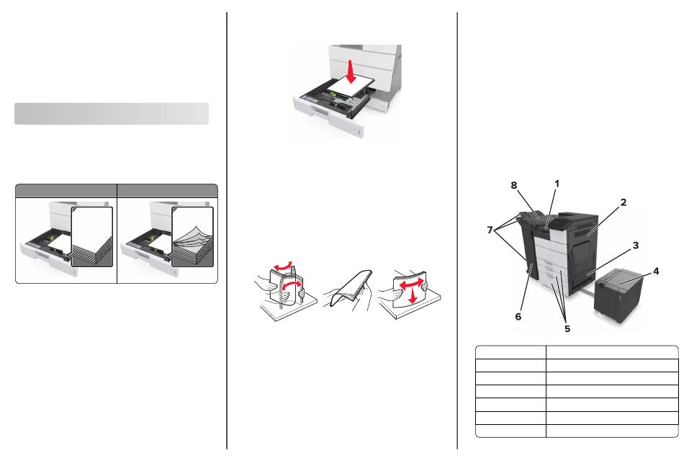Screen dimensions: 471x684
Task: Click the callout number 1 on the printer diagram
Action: point(557,184)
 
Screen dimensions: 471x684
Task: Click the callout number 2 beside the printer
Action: point(623,202)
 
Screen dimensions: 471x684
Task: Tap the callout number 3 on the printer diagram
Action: point(636,246)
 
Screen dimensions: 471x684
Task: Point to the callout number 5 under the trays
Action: point(567,328)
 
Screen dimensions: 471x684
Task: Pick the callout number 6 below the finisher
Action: point(518,315)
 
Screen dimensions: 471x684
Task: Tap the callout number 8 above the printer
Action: point(515,185)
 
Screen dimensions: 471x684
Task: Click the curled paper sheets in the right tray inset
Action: point(194,238)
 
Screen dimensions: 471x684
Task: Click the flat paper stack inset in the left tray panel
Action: point(93,238)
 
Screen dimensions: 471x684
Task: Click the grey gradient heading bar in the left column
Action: point(112,113)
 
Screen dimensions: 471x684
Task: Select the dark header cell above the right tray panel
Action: point(167,190)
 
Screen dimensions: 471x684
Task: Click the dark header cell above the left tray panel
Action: point(66,190)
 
